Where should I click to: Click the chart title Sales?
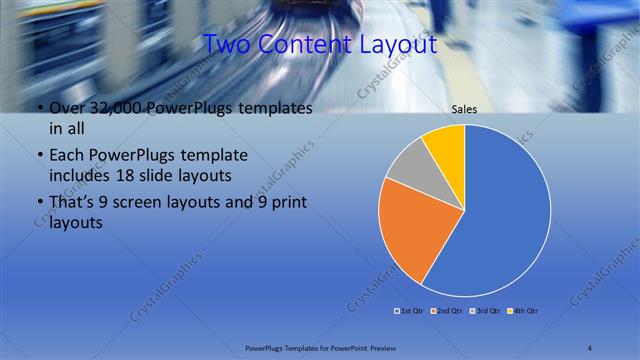coord(465,109)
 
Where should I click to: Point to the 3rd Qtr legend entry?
coord(484,311)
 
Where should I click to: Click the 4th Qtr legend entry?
coord(523,311)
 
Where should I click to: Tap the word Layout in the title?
coord(397,45)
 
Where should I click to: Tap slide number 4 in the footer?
coord(591,347)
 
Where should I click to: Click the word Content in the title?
coord(305,45)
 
